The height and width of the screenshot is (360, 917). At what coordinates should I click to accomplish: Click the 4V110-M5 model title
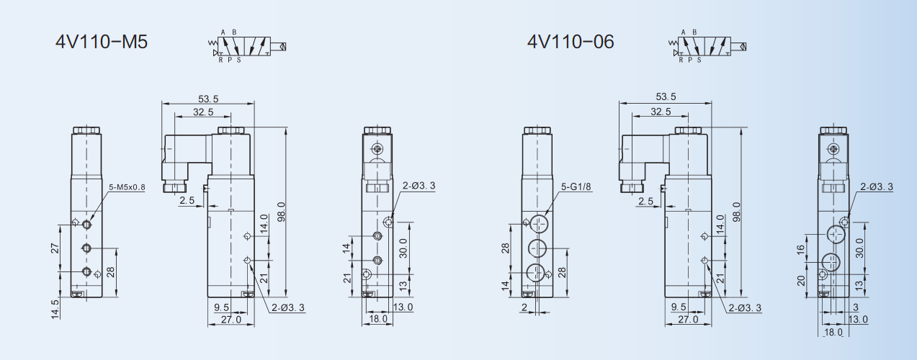click(102, 42)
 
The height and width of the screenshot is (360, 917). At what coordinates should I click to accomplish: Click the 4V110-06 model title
click(571, 42)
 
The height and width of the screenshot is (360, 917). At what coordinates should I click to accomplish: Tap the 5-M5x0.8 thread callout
click(127, 187)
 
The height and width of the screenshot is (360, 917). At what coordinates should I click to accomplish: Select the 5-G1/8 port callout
click(576, 187)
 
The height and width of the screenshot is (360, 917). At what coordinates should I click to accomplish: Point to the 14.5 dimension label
click(55, 309)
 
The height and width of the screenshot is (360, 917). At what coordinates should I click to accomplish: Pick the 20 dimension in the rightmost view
click(801, 280)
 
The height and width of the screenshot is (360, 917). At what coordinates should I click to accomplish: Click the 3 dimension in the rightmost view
click(856, 307)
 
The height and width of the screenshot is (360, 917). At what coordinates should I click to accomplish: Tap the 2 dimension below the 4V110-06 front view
click(525, 307)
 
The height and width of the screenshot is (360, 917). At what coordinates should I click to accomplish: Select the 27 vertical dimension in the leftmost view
click(55, 248)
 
